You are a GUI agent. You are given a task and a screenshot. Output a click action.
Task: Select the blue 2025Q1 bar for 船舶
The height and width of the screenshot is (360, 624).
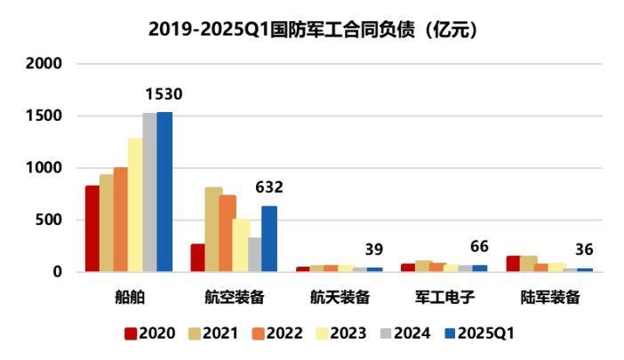pos(164,192)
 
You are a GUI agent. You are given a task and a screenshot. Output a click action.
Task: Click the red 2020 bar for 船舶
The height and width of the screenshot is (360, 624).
pos(92,228)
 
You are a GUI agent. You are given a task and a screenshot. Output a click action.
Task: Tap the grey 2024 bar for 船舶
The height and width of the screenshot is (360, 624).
pos(150,192)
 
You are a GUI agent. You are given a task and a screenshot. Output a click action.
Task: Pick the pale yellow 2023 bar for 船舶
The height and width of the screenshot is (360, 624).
pos(135,205)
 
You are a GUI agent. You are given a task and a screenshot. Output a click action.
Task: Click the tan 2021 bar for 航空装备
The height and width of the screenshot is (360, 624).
pos(213,229)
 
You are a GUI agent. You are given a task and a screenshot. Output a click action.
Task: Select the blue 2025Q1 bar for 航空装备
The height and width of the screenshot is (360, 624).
pos(269,238)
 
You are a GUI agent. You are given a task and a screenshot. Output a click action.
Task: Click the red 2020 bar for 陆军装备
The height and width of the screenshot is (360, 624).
pos(513,263)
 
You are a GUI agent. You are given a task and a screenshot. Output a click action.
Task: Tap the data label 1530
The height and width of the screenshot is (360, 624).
pos(164,94)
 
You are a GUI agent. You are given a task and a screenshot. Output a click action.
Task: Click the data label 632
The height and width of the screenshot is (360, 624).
pos(269,188)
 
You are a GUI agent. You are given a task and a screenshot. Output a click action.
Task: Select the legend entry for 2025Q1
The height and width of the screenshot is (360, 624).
pos(479,334)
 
